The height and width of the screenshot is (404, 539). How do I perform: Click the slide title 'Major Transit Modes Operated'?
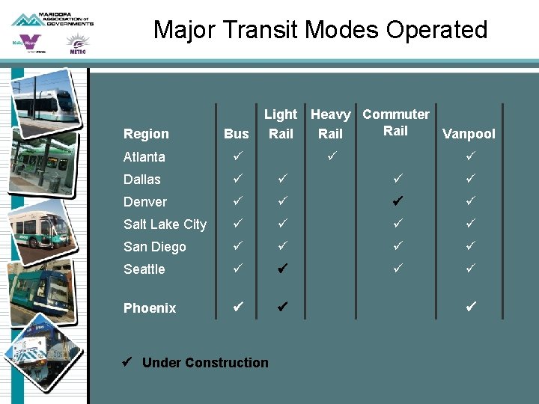320,30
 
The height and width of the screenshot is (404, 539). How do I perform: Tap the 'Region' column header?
146,134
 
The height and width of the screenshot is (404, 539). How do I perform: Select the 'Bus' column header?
236,134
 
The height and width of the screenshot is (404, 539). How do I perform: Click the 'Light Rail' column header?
281,124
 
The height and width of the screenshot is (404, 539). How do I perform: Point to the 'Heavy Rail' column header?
330,124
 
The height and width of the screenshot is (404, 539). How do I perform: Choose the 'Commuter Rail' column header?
396,123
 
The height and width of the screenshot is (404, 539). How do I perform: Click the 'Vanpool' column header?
469,134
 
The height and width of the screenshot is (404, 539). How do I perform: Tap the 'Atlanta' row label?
144,157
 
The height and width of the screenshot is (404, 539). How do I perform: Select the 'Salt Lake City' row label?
165,224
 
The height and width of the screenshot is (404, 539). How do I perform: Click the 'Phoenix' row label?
150,308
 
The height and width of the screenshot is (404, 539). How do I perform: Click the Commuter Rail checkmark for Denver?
397,201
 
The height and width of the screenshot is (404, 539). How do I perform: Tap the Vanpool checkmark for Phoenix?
470,307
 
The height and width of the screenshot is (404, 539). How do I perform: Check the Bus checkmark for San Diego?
237,246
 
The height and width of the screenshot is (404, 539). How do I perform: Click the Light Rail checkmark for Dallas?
281,179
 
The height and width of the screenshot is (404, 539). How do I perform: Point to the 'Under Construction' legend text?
204,363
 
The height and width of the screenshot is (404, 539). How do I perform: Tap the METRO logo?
76,45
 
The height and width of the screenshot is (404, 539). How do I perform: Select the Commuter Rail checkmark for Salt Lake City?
397,224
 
